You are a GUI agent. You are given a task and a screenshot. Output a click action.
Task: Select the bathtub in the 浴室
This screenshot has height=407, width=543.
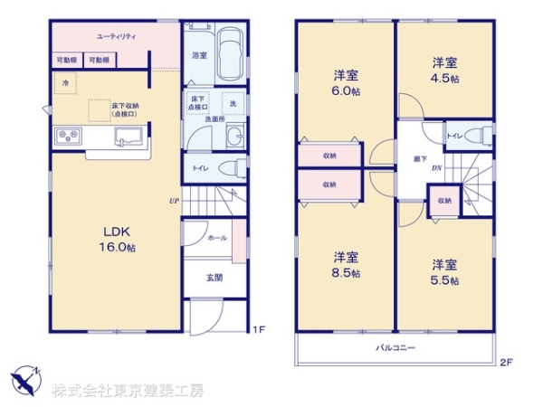(x=230, y=55)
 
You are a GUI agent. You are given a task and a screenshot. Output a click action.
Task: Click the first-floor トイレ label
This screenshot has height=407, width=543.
(x=197, y=167)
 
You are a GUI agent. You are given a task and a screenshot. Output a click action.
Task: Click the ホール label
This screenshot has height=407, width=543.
(x=216, y=238)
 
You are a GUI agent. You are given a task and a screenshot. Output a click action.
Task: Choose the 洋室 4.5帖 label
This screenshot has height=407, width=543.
(x=443, y=71)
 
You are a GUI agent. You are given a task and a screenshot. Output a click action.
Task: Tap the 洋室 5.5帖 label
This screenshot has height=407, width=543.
(x=443, y=272)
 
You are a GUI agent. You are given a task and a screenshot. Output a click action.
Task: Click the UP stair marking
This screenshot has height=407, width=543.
(x=171, y=201)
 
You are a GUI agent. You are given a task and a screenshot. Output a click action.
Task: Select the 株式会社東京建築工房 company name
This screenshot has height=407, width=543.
(x=127, y=391)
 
